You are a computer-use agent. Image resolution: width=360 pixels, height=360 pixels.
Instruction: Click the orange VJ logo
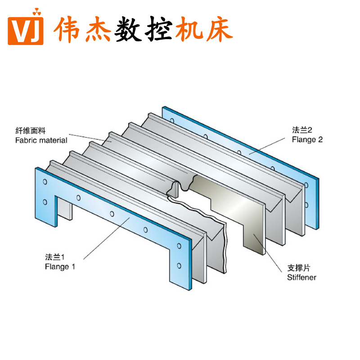point(26,29)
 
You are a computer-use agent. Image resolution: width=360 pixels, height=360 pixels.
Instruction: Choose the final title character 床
point(218,29)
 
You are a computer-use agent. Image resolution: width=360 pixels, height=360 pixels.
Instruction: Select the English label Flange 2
point(307,139)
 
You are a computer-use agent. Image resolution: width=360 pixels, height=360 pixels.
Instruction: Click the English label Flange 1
point(60,266)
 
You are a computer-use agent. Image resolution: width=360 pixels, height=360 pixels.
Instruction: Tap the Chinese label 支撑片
point(298,268)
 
